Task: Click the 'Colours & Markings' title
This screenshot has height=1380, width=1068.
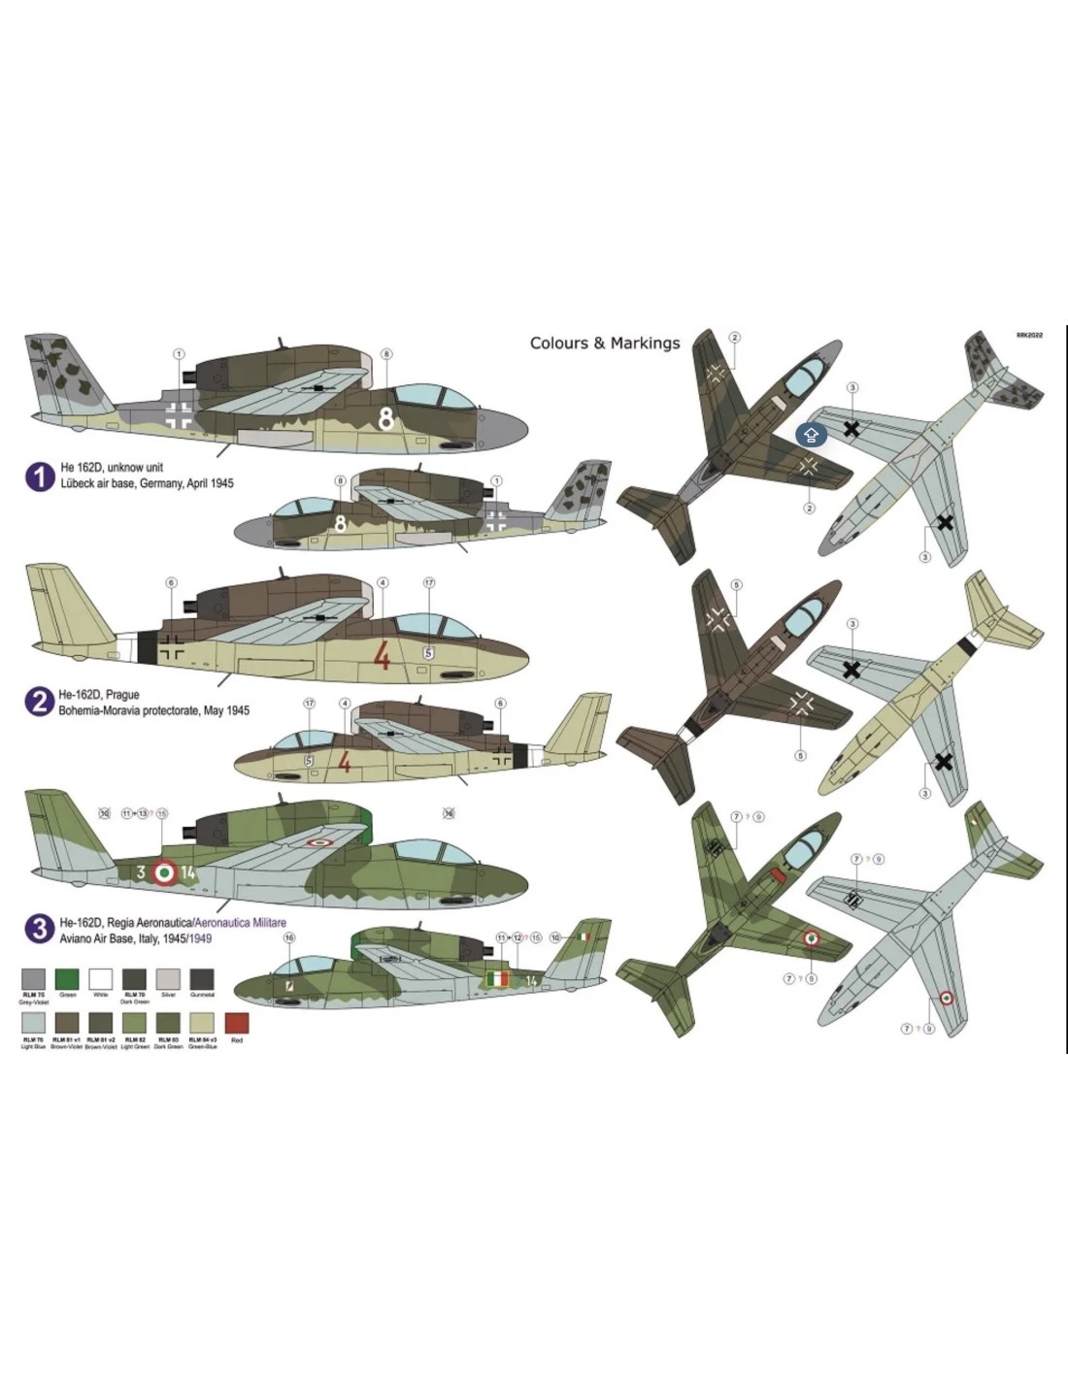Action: [x=605, y=343]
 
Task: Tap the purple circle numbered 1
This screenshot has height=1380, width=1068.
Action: [x=40, y=476]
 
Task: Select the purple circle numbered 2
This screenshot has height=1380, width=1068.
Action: [x=39, y=702]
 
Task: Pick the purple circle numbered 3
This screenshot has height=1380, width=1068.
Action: [x=39, y=929]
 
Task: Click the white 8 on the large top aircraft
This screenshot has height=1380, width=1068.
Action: [x=385, y=418]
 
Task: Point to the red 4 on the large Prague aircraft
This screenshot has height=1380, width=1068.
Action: [x=382, y=656]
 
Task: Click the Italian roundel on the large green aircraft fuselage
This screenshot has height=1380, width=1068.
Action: [x=166, y=872]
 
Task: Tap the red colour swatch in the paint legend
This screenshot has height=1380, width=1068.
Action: [x=237, y=1023]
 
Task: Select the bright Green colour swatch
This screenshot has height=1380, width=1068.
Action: [x=67, y=978]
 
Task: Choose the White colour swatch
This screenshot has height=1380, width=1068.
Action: [x=101, y=978]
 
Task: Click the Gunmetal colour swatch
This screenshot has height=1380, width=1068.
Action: [x=202, y=978]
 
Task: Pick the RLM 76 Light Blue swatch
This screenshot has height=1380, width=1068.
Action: [x=33, y=1023]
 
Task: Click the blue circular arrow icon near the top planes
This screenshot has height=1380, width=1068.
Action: [x=811, y=435]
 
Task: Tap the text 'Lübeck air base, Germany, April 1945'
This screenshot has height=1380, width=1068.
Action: [x=147, y=483]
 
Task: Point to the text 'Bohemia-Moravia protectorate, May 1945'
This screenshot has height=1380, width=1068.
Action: [x=153, y=710]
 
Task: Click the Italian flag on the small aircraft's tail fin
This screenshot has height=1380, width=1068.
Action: [x=583, y=936]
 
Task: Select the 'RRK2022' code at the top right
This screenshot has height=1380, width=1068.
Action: [x=1029, y=335]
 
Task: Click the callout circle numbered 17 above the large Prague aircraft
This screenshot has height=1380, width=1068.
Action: [x=428, y=583]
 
